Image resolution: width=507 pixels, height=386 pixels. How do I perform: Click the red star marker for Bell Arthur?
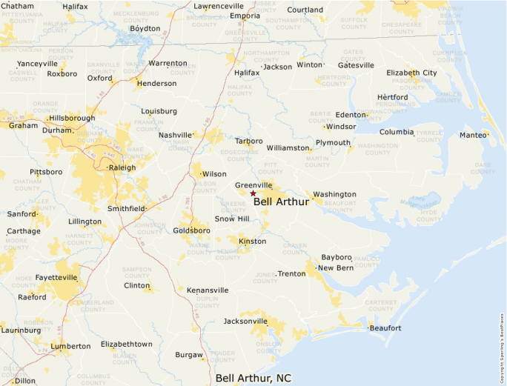pos(253,193)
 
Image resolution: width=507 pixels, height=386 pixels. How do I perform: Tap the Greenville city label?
pos(253,185)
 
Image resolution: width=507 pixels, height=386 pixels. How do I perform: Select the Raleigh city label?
pos(122,167)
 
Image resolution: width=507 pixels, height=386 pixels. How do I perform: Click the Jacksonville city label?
pos(245,322)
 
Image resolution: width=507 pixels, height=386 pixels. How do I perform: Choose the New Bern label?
pos(335,267)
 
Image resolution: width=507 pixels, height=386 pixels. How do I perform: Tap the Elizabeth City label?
pos(411,73)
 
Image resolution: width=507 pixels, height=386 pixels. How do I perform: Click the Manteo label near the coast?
pos(473,135)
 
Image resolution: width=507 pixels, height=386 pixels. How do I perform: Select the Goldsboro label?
pos(191,230)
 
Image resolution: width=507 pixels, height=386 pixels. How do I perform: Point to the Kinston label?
pos(252,242)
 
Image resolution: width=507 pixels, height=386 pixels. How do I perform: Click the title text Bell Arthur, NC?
pos(253,378)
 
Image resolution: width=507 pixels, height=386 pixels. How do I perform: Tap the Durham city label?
pos(57,130)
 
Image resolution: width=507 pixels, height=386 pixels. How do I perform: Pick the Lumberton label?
pos(70,346)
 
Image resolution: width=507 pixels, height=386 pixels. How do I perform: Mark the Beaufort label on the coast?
pos(385,327)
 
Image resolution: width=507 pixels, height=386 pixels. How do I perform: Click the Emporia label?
pos(245,16)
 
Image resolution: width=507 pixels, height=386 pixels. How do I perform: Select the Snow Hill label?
pos(232,219)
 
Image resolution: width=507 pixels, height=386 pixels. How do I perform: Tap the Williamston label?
pos(288,148)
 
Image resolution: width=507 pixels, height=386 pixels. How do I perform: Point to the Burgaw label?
pos(189,355)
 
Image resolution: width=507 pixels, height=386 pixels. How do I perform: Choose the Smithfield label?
pos(126,209)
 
